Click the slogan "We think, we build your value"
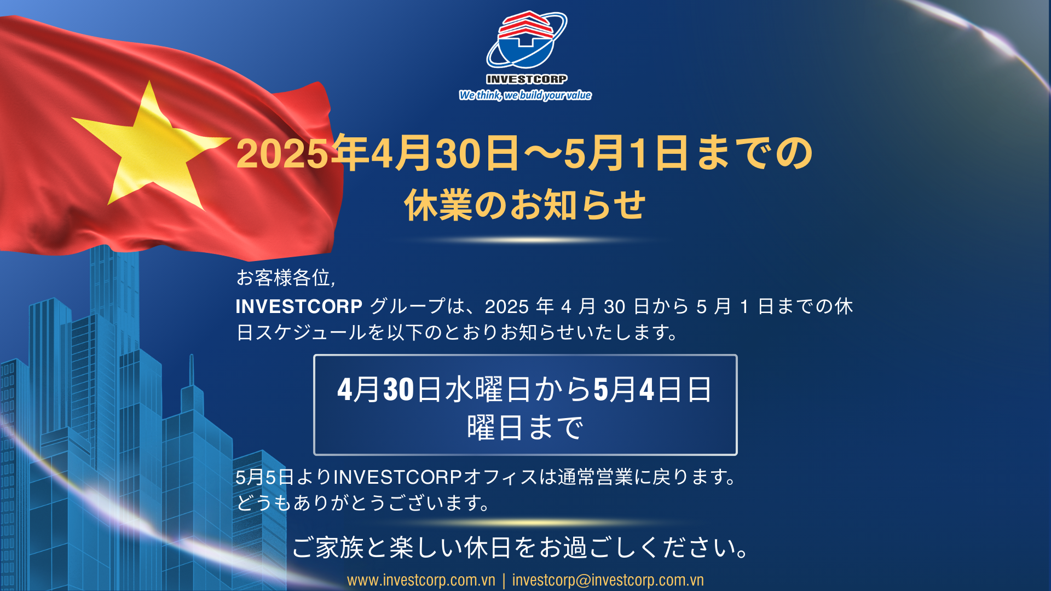[525, 95]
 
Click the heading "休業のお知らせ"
[525, 205]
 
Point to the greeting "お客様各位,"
[286, 278]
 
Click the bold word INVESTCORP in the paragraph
[299, 306]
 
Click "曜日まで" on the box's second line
[525, 427]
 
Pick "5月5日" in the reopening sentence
[265, 477]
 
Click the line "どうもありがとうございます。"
[363, 502]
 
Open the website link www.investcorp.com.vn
[421, 580]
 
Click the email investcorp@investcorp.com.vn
[608, 580]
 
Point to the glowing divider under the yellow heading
[525, 240]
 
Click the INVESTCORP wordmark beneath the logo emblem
[527, 79]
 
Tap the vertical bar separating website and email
[504, 580]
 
